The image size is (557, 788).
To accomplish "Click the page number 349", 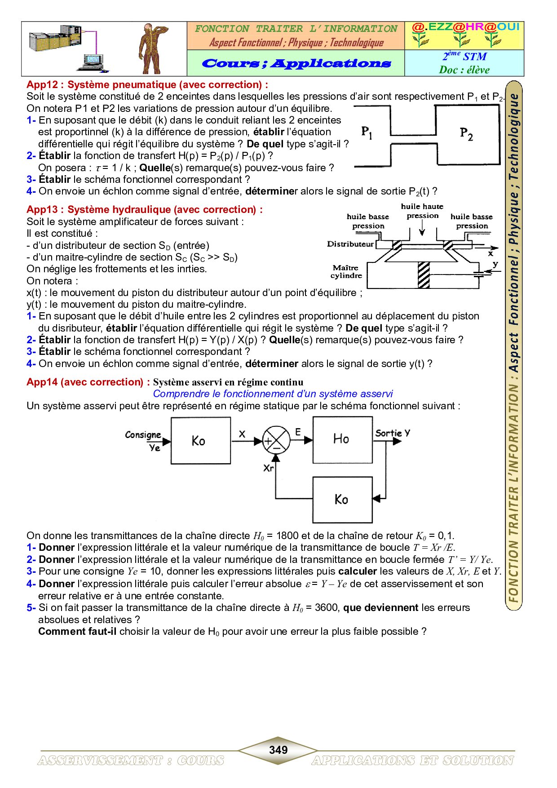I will click(278, 750).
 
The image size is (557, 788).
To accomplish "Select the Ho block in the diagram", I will click(342, 440).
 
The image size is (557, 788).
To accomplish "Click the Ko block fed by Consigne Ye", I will click(201, 440).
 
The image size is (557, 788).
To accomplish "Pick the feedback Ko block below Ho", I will click(342, 500).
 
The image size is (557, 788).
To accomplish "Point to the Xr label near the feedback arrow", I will click(268, 468).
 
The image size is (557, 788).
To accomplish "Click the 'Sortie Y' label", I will click(393, 433).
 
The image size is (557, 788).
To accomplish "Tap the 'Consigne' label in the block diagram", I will click(143, 434).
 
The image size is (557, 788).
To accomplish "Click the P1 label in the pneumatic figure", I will click(367, 132).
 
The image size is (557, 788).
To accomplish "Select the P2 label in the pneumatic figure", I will click(466, 134).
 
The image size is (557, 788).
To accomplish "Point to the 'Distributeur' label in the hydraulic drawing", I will click(350, 244).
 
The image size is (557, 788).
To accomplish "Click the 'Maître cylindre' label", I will click(346, 272).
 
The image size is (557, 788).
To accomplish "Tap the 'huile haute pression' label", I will click(422, 211).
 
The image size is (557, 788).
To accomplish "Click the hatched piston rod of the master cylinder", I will click(423, 274).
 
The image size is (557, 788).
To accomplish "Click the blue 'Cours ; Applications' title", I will click(296, 63).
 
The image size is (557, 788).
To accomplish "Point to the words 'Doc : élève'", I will click(464, 70).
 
